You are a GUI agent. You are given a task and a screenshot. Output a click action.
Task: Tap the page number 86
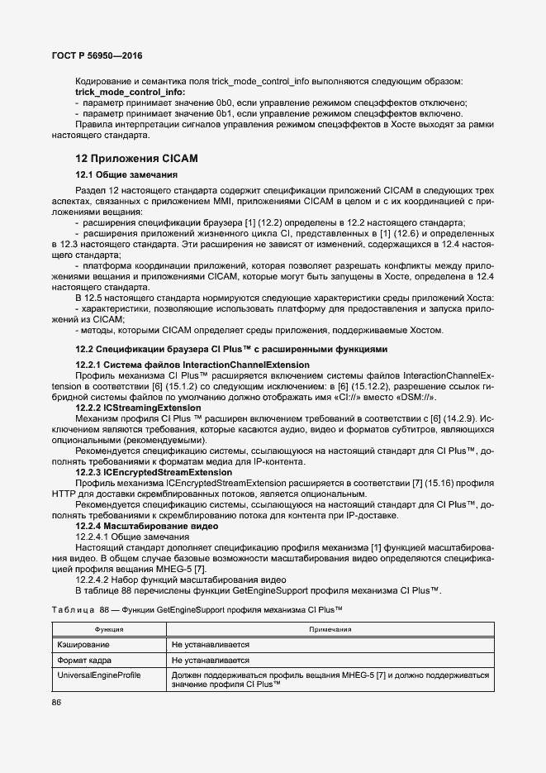[x=57, y=703]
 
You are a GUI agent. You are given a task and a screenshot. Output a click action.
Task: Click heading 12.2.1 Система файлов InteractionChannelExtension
[x=192, y=365]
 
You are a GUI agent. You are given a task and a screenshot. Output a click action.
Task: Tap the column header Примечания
[x=330, y=628]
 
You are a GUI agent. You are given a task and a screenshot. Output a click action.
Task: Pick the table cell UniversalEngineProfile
[x=98, y=675]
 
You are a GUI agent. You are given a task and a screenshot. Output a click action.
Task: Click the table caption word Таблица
[x=73, y=609]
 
